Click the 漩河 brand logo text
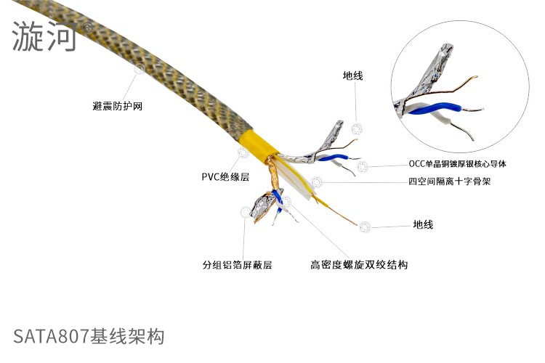click(x=44, y=37)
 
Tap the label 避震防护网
click(x=118, y=106)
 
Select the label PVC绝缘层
click(x=225, y=176)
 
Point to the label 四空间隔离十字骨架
click(x=449, y=181)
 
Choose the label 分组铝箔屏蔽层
click(x=237, y=265)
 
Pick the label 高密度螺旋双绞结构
click(x=359, y=265)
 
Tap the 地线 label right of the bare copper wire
click(x=423, y=225)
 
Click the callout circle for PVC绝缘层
click(x=243, y=152)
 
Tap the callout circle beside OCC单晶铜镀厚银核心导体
click(x=362, y=166)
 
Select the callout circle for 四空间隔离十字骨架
click(x=317, y=182)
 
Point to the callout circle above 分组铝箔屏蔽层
click(x=245, y=212)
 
